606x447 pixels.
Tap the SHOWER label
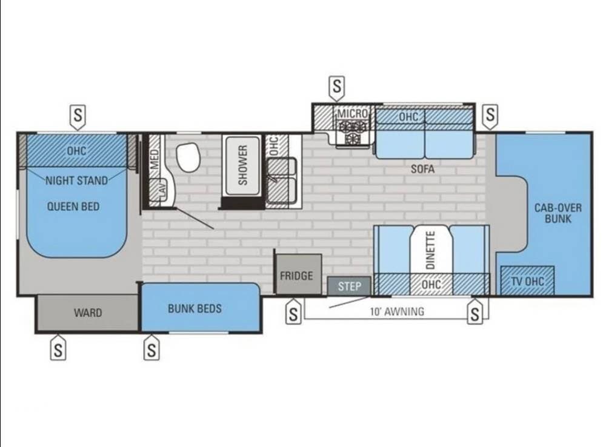pyautogui.click(x=242, y=165)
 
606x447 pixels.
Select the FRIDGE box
pyautogui.click(x=298, y=274)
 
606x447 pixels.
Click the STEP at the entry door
pyautogui.click(x=350, y=286)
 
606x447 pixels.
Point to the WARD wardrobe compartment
pyautogui.click(x=87, y=313)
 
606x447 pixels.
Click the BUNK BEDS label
pyautogui.click(x=195, y=309)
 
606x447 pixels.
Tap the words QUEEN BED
pyautogui.click(x=73, y=207)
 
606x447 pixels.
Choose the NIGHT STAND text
pyautogui.click(x=76, y=180)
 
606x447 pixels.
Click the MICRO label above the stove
pyautogui.click(x=352, y=114)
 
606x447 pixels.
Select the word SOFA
pyautogui.click(x=422, y=169)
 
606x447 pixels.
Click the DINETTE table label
pyautogui.click(x=430, y=250)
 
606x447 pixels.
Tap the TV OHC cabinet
pyautogui.click(x=528, y=281)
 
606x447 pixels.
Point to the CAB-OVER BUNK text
pyautogui.click(x=558, y=213)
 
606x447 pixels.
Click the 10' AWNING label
pyautogui.click(x=397, y=311)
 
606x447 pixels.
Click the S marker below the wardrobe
pyautogui.click(x=58, y=348)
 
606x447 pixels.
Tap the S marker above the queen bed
pyautogui.click(x=78, y=117)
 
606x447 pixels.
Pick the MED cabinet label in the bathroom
pyautogui.click(x=154, y=159)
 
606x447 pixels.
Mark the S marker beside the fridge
pyautogui.click(x=293, y=312)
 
